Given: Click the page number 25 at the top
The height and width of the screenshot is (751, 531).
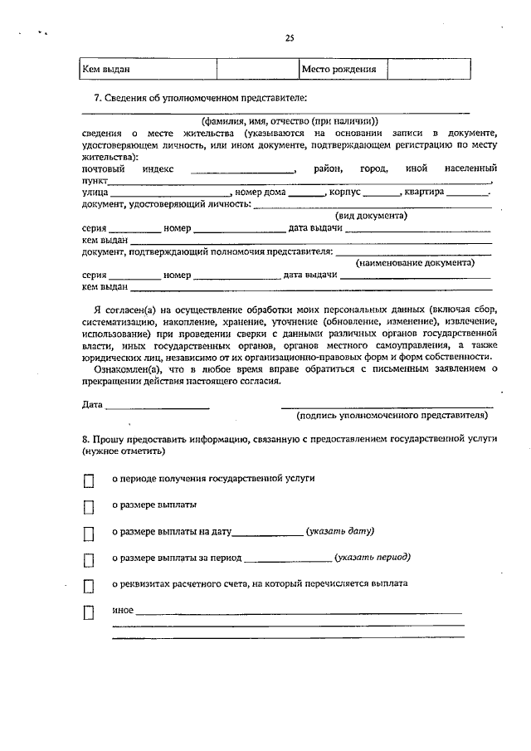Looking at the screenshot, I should point(290,37).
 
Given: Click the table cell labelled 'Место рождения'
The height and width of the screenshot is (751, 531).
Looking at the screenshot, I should point(339,70).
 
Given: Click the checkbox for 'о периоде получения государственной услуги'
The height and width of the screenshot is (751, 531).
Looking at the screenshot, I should point(89,480).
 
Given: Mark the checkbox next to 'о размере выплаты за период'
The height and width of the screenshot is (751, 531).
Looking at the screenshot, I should point(89,559).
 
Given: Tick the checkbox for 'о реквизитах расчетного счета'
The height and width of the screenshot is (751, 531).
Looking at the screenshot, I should point(89,586).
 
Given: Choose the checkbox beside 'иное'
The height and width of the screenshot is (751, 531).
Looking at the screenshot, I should point(89,614).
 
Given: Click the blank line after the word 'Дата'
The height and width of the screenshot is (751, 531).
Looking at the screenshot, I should point(158,406).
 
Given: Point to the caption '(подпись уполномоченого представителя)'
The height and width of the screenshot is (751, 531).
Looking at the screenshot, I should point(387,417).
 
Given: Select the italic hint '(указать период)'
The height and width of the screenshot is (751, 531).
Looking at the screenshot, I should point(372,558).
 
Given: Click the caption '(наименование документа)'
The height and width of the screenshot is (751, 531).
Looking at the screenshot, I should point(415,262).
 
